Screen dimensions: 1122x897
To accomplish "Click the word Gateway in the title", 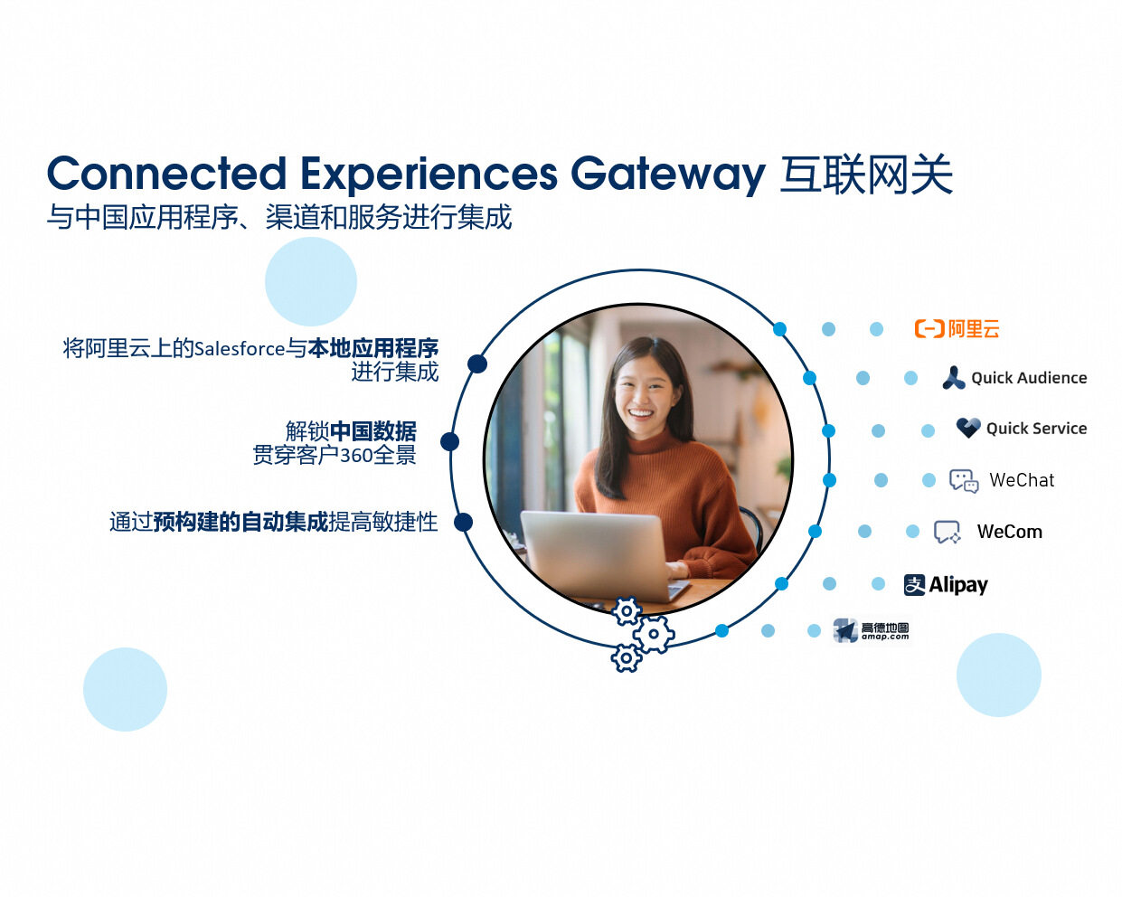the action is tap(668, 174).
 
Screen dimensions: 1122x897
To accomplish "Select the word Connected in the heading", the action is tap(167, 173).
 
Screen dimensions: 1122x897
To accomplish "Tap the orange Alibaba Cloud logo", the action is tap(957, 328).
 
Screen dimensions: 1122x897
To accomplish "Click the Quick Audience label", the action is tap(1029, 378).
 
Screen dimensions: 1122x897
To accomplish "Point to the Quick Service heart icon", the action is tap(968, 428).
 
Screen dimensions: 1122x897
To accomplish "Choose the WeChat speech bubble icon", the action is tap(964, 481).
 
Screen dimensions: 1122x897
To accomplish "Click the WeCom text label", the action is tap(1009, 532).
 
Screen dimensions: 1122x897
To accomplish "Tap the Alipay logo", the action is tap(946, 585).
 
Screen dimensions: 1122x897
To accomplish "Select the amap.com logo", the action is tap(871, 630).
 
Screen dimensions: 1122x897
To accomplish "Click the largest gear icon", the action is tap(654, 634).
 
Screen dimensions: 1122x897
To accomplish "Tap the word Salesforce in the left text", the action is tap(240, 348).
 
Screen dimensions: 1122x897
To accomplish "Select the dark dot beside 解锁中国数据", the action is tap(449, 442).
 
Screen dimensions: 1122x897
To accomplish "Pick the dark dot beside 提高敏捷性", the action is tap(463, 522).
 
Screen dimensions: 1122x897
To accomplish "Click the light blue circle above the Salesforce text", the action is tap(311, 281).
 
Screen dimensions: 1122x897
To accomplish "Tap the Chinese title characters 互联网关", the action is tap(866, 175).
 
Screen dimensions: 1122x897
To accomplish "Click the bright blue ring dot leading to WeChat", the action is tap(829, 480).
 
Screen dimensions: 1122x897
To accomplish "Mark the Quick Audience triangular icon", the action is tap(954, 378).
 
